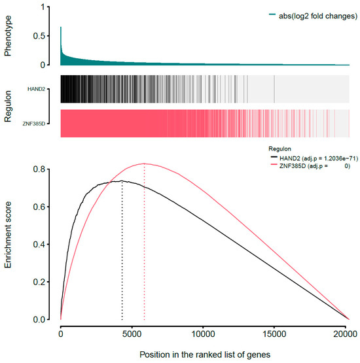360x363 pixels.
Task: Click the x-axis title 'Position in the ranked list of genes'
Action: click(x=204, y=354)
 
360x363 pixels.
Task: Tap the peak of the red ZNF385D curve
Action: click(x=144, y=164)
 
